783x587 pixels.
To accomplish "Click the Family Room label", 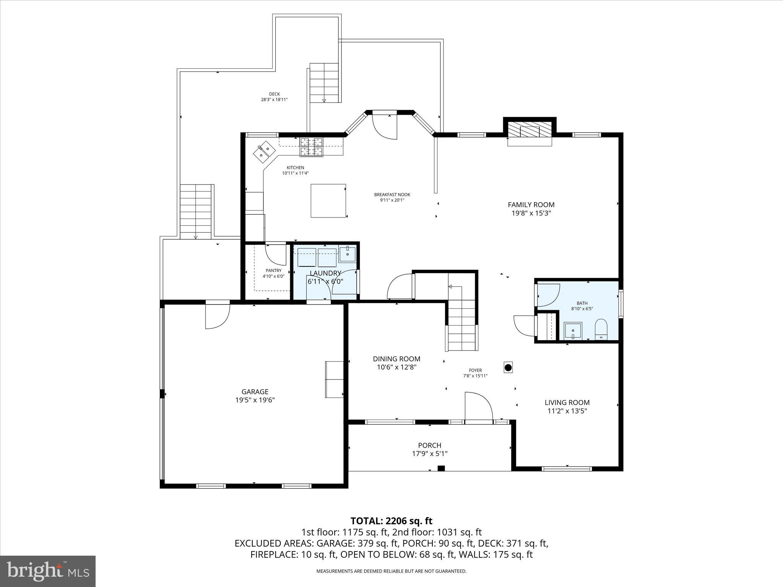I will click(531, 205).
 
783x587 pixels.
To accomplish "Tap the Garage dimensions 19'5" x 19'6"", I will click(255, 400).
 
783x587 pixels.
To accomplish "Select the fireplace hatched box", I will click(530, 131).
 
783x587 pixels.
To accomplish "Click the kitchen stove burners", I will click(311, 147).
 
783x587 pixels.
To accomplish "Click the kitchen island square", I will click(328, 201).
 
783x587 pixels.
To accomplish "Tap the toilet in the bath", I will click(601, 329).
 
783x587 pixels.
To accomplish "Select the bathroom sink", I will click(573, 331).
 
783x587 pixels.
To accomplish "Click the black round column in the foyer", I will click(508, 368).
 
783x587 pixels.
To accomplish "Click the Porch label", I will click(429, 445).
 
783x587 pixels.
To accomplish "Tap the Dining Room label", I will click(396, 359).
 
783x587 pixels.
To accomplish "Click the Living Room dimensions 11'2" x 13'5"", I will click(567, 411).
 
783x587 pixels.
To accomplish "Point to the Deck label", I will click(274, 94).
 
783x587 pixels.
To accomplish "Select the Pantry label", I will click(273, 271).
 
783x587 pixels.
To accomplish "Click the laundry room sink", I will click(347, 254).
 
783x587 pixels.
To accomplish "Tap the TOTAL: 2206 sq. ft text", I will click(391, 521).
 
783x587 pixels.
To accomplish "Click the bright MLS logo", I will click(48, 571).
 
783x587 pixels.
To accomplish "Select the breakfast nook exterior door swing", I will click(385, 126).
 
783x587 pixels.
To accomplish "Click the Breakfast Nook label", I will click(392, 195).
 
